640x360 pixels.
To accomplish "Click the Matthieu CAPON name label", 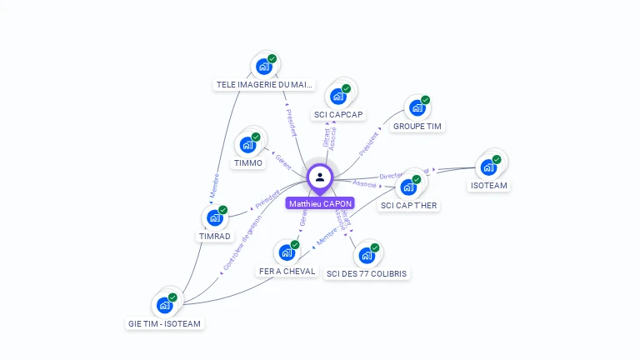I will click(x=320, y=203).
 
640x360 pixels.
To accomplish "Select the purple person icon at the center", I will click(x=320, y=177).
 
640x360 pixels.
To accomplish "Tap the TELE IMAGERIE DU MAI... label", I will click(x=265, y=84).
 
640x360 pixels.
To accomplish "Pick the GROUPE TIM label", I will click(x=417, y=127).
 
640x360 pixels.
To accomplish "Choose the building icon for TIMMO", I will click(x=248, y=143).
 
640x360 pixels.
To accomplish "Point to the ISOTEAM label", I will click(x=489, y=186).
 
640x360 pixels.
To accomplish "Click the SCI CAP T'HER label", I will click(x=408, y=205).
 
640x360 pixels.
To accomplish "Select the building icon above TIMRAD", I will click(x=215, y=217).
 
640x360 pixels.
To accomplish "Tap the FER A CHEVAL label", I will click(x=287, y=272).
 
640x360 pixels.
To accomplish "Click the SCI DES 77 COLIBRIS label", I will click(x=367, y=273).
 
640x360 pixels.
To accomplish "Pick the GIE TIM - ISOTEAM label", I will click(x=165, y=323).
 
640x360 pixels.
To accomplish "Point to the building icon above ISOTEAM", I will click(x=489, y=165).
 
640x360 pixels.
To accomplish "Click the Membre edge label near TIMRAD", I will click(x=214, y=183).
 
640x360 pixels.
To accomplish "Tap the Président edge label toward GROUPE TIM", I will click(x=369, y=143).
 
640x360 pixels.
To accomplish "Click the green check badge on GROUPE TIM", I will click(x=425, y=100).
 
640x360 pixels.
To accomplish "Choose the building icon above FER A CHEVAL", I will click(x=287, y=252).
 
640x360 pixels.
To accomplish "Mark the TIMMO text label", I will click(x=248, y=163).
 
